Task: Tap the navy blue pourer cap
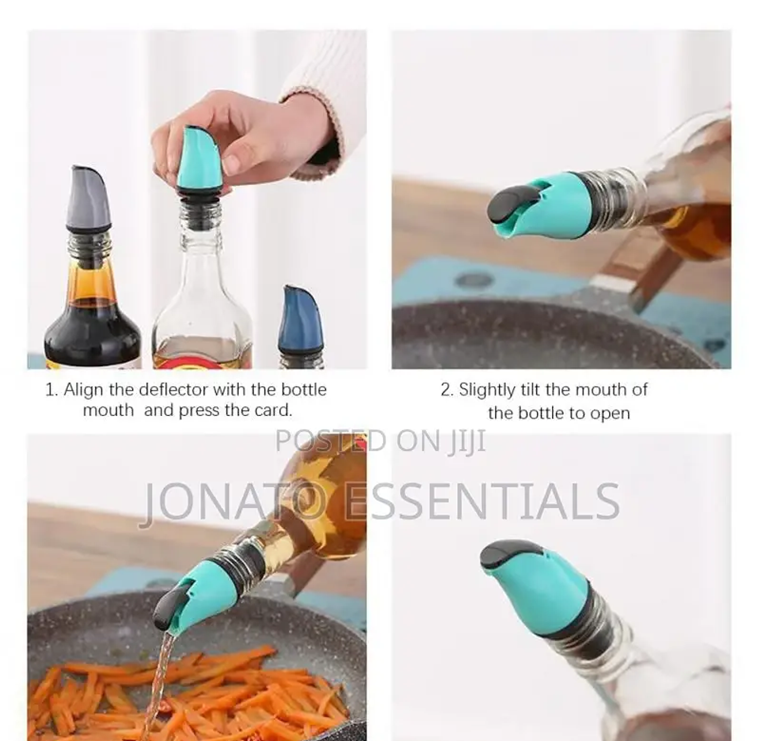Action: click(x=301, y=320)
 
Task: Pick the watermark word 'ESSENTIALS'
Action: click(x=483, y=501)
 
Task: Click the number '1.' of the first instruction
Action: click(x=52, y=390)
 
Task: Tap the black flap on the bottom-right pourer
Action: click(x=508, y=554)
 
